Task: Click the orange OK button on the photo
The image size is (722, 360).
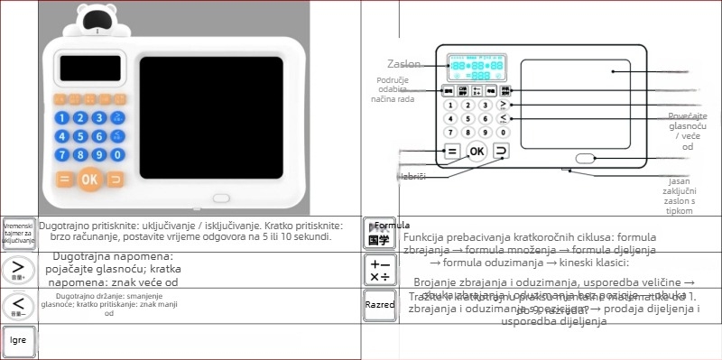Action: click(89, 179)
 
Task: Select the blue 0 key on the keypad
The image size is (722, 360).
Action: click(115, 154)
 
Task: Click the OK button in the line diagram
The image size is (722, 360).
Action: click(477, 151)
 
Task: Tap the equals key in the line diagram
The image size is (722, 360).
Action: click(452, 151)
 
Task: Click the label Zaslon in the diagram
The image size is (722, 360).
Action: click(403, 65)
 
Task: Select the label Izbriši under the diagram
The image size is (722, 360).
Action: click(411, 177)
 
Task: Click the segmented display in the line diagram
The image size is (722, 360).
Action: click(477, 67)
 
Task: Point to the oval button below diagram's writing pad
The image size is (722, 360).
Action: click(586, 159)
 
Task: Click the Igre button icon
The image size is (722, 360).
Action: click(18, 341)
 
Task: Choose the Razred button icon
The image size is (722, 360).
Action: click(379, 304)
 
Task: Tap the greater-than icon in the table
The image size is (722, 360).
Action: click(18, 269)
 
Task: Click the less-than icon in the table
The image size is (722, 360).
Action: click(18, 305)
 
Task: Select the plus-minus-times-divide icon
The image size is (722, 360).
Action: click(379, 269)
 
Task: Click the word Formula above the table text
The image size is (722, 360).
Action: click(392, 225)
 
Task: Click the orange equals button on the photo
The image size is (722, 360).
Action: click(64, 179)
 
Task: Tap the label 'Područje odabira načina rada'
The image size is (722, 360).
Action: click(395, 89)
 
